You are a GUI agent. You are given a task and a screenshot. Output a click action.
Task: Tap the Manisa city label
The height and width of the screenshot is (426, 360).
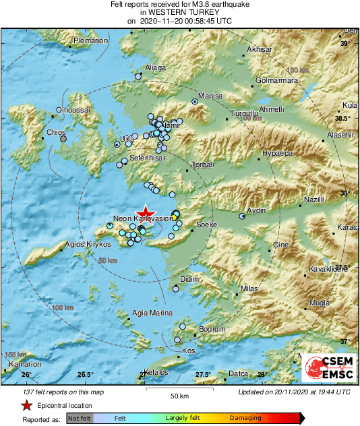point(210,96)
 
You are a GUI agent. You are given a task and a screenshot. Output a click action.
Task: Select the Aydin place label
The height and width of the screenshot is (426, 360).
point(256,211)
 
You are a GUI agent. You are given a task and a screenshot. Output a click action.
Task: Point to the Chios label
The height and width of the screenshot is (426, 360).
point(56,132)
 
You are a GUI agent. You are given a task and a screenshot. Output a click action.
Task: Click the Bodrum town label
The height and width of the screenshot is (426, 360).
point(211,329)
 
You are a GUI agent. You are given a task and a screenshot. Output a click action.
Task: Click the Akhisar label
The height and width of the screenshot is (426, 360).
point(260,50)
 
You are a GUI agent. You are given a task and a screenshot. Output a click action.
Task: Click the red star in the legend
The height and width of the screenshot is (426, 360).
point(27,406)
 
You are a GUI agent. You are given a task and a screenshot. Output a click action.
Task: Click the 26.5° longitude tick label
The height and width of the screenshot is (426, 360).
point(85,375)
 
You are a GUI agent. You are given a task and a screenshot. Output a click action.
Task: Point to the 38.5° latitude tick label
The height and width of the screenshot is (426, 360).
point(343,119)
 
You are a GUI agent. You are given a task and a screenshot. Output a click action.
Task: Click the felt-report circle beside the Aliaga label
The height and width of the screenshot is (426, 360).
point(138,77)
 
